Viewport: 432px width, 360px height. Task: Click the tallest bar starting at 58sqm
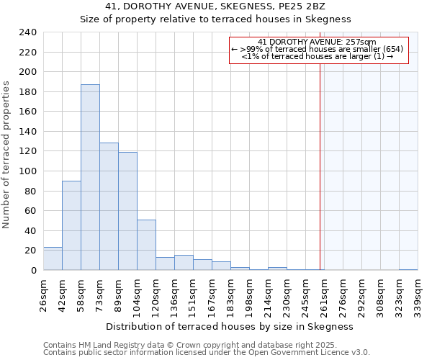(x=90, y=177)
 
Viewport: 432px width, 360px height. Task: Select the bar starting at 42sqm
(x=71, y=225)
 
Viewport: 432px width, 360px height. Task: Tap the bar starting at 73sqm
(x=109, y=207)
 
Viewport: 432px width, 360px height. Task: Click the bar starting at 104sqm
(x=146, y=245)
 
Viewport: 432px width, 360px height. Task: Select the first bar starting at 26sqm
(x=53, y=258)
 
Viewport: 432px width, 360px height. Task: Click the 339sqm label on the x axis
(x=418, y=294)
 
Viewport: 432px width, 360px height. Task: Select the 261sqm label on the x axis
(x=324, y=294)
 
